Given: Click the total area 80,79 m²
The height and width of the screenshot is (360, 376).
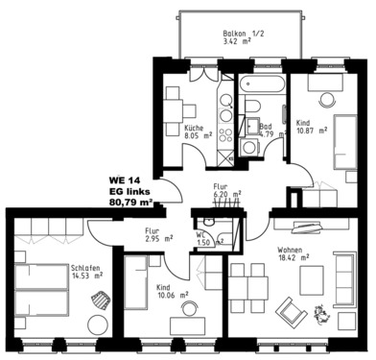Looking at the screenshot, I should click(x=130, y=203).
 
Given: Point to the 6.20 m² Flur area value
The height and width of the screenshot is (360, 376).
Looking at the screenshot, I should click(x=227, y=194).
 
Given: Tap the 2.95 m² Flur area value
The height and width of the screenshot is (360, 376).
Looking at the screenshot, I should click(x=158, y=239).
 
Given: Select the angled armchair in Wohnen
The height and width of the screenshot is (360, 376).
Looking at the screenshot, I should click(x=289, y=310).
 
